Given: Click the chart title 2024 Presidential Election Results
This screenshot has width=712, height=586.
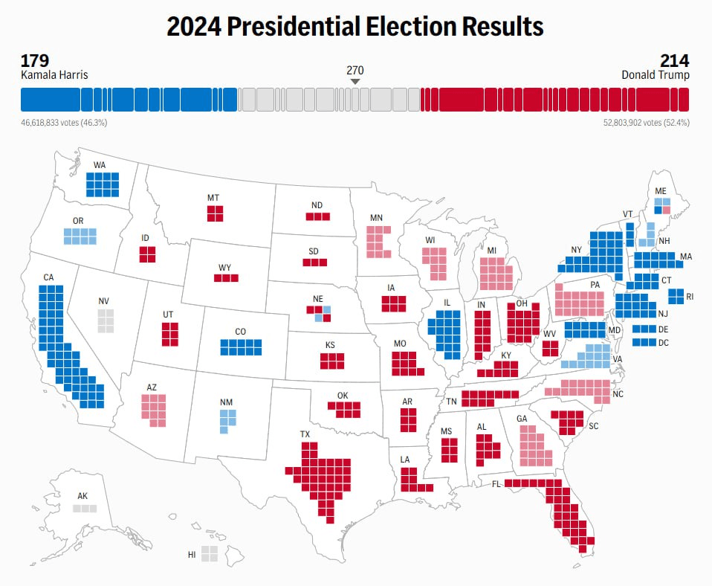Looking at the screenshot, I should [x=355, y=28].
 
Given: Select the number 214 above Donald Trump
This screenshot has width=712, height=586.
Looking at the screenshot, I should [x=674, y=61].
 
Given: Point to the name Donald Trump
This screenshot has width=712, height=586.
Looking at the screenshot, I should [x=656, y=75].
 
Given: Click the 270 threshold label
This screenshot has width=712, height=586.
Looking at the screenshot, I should [x=355, y=69].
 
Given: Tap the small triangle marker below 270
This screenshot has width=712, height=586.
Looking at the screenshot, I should [x=355, y=81].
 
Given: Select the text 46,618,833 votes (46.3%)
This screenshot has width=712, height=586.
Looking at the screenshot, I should [x=64, y=122].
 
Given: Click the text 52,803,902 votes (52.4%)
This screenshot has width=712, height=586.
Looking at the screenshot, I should [x=646, y=122].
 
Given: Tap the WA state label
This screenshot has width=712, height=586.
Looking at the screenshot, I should [x=100, y=165].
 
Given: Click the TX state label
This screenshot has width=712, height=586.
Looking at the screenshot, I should [x=305, y=434].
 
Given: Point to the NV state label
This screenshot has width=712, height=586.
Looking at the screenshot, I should [x=103, y=301].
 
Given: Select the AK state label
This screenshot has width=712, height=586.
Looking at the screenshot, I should [x=82, y=496].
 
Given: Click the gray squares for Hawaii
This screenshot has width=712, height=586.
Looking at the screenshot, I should [x=209, y=553].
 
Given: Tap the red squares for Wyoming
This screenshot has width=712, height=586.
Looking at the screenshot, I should [x=226, y=278].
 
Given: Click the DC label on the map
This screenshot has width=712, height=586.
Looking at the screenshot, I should [x=663, y=343].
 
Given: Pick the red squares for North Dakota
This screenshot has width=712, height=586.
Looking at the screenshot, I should [x=317, y=216].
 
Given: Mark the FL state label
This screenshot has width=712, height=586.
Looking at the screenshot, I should [x=495, y=483].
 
